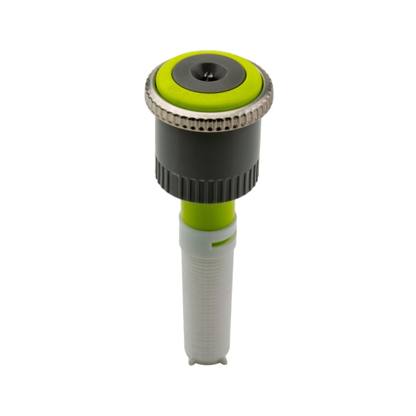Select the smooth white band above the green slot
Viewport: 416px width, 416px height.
coord(206,231)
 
